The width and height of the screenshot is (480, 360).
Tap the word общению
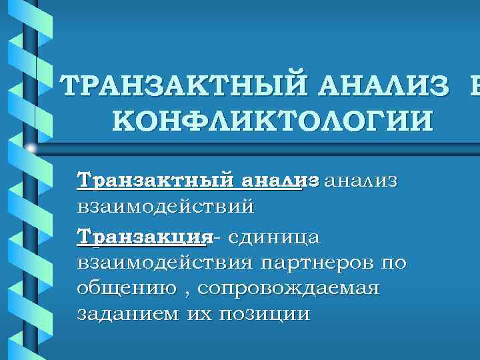[124, 289]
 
